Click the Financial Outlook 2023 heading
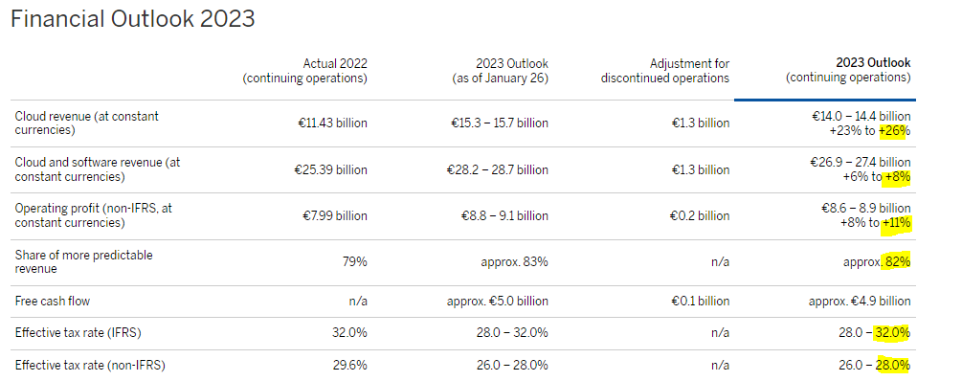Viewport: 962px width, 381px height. [x=132, y=19]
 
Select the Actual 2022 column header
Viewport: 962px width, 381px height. [x=305, y=71]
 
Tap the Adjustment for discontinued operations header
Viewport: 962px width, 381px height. [x=665, y=71]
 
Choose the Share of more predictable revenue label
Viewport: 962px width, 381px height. [x=83, y=261]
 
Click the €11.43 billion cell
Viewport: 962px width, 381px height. [x=331, y=123]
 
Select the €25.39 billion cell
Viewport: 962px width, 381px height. [x=330, y=169]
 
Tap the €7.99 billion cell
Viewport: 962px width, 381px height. [x=334, y=215]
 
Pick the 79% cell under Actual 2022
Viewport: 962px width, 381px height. [x=354, y=262]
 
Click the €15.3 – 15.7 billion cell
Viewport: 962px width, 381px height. [x=499, y=123]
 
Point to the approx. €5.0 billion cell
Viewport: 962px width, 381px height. [x=498, y=302]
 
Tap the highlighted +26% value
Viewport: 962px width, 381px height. [x=893, y=130]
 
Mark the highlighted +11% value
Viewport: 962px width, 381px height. [x=896, y=223]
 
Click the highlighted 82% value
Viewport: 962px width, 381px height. [x=897, y=262]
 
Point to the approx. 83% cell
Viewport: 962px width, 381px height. [x=514, y=262]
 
